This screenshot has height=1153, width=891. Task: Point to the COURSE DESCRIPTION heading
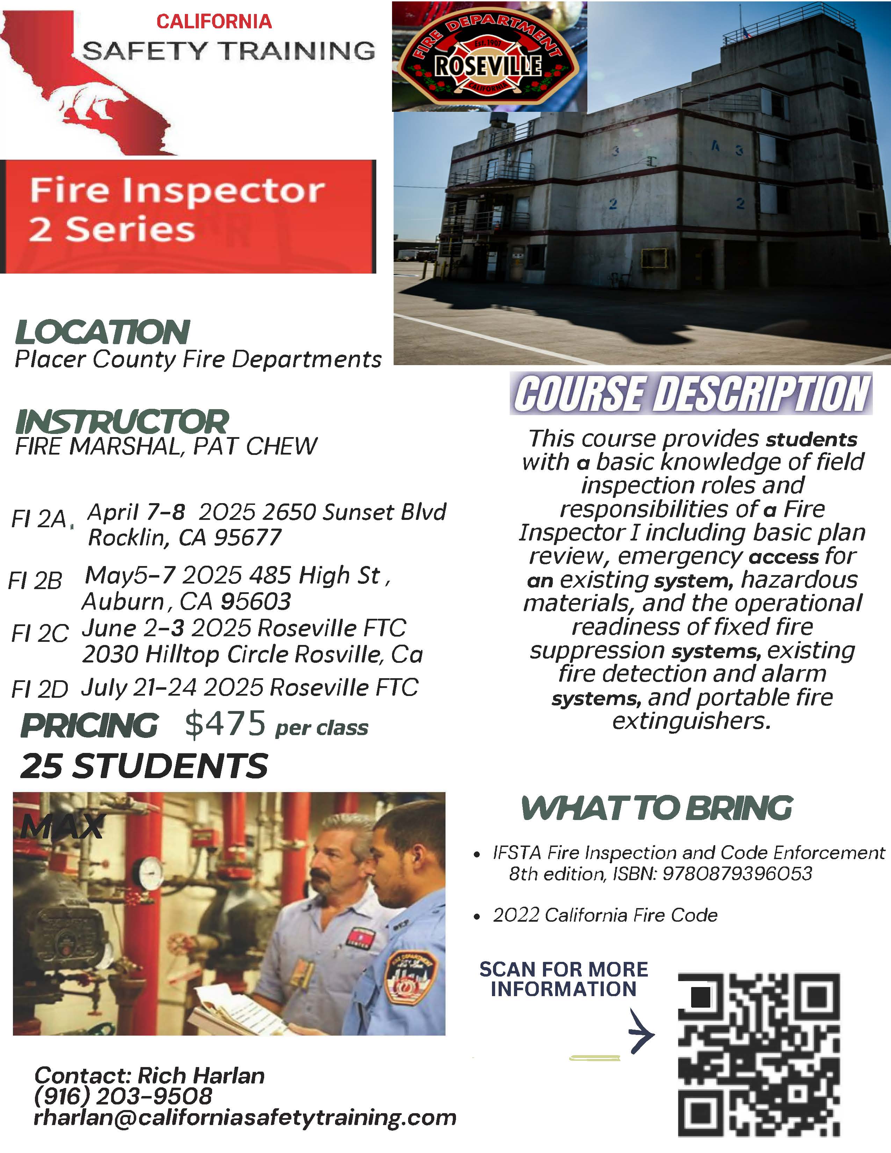point(691,394)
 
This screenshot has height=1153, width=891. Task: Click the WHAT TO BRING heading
point(657,808)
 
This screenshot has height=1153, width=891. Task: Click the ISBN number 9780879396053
point(737,874)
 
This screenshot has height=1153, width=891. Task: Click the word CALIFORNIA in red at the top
point(214,22)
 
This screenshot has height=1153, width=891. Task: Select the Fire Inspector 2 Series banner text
point(177,210)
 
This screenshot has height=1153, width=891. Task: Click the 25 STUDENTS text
point(144,766)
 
